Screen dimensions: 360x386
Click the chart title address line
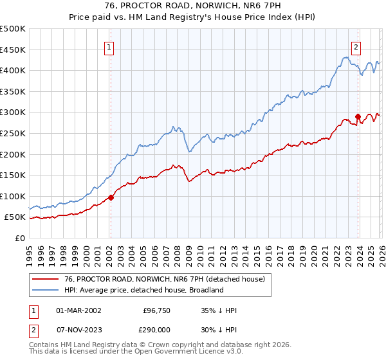[x=192, y=6]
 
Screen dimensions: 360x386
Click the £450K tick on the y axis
[x=13, y=50]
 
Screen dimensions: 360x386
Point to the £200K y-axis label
[x=13, y=154]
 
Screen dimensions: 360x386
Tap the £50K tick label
[x=15, y=217]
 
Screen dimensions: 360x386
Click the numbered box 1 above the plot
[x=110, y=47]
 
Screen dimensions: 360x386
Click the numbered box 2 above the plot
[x=356, y=47]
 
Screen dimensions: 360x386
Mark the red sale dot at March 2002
[x=111, y=197]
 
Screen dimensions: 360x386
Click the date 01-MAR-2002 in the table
[x=78, y=310]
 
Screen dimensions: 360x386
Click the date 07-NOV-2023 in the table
[x=78, y=330]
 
